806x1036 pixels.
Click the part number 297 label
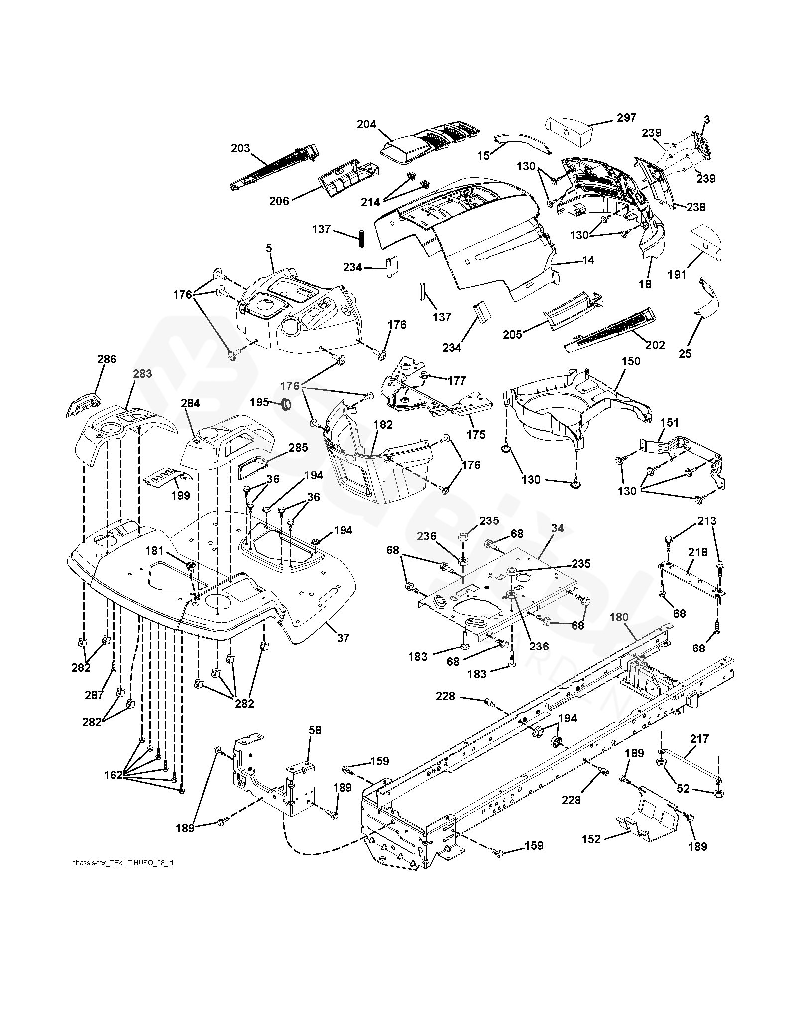626,118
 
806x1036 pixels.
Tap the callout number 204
367,124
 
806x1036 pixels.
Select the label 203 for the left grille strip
240,148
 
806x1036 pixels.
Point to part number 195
259,402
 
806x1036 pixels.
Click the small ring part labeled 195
287,405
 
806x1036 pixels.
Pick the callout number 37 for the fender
343,638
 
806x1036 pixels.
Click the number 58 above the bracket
315,730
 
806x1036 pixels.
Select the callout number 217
699,739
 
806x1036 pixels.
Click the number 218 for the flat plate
698,552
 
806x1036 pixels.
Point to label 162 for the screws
113,775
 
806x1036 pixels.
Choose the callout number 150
631,361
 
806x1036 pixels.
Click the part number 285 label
298,448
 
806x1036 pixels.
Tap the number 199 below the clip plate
180,495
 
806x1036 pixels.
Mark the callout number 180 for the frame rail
619,617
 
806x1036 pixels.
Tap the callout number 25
685,353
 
